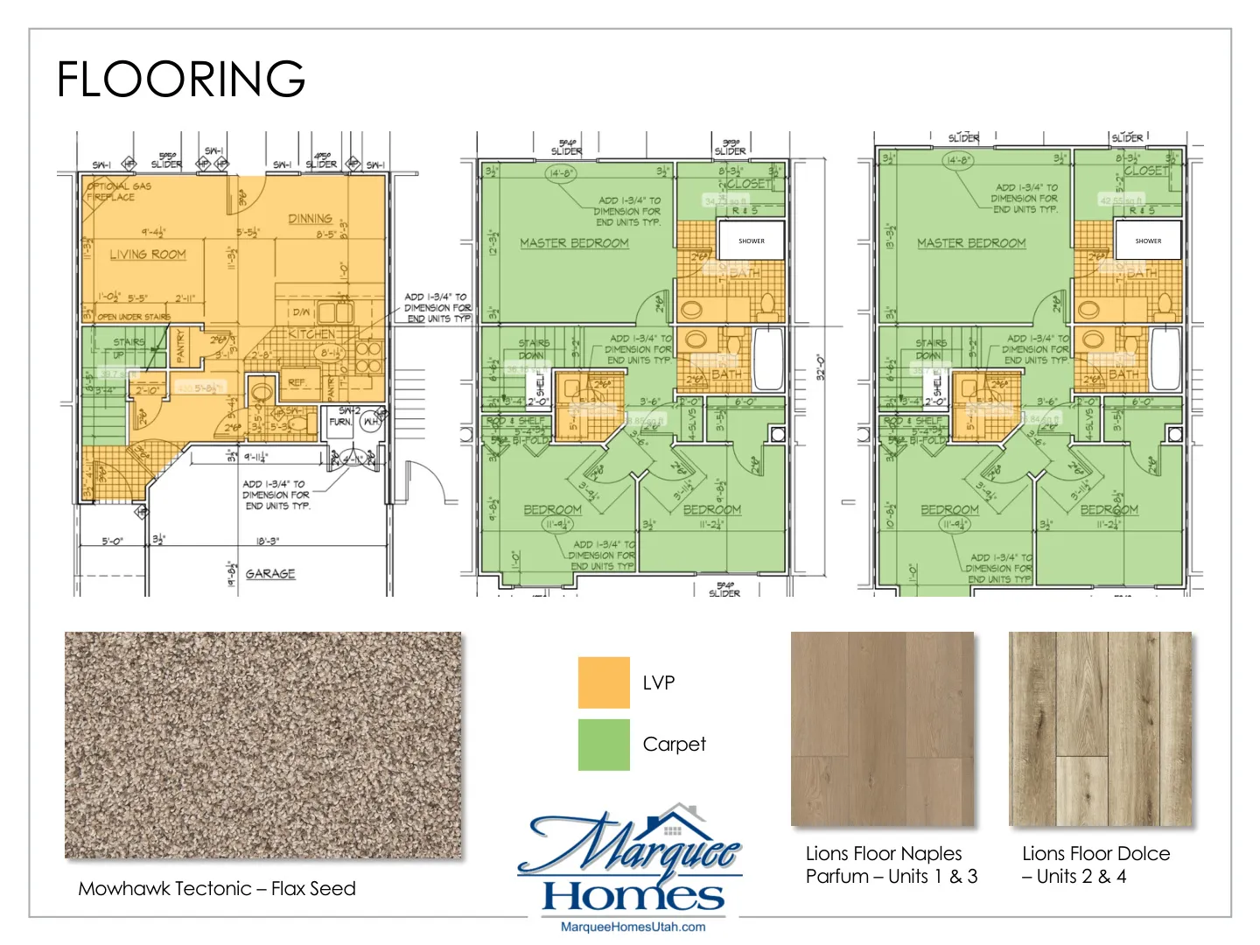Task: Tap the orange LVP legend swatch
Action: click(x=604, y=682)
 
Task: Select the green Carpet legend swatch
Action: click(x=604, y=745)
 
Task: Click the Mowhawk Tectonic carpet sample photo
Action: click(x=262, y=745)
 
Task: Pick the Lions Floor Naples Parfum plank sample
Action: click(x=882, y=729)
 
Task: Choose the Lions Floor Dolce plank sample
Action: click(x=1100, y=729)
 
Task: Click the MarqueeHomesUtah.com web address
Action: click(x=633, y=927)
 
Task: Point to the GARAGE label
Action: click(x=270, y=574)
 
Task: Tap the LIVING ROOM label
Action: click(x=148, y=255)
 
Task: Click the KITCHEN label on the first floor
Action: click(x=311, y=334)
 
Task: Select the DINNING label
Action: click(x=310, y=219)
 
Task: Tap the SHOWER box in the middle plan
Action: click(x=751, y=241)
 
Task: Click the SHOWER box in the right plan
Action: click(x=1148, y=241)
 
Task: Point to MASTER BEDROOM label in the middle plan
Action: click(x=574, y=243)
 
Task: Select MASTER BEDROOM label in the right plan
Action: click(x=971, y=243)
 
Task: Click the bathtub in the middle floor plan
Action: click(x=767, y=359)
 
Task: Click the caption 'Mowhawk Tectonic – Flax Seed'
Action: click(x=217, y=889)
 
